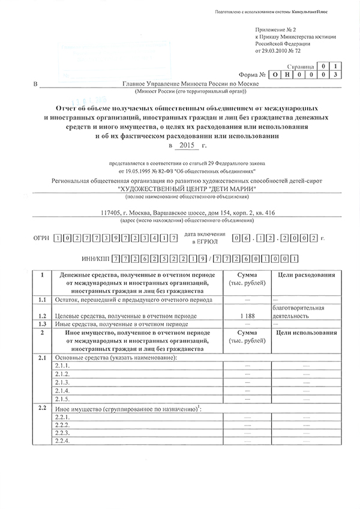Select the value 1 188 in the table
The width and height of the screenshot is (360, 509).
[x=247, y=315]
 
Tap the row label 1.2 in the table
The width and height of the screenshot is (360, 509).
[x=41, y=315]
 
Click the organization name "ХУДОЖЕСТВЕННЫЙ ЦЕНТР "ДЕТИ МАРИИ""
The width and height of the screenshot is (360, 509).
[x=188, y=190]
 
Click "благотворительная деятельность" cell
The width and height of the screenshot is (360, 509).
[x=298, y=312]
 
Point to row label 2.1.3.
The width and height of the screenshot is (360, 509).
[x=62, y=383]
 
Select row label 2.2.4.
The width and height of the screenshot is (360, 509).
[x=62, y=441]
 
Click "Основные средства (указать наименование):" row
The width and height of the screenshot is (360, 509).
[x=116, y=358]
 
